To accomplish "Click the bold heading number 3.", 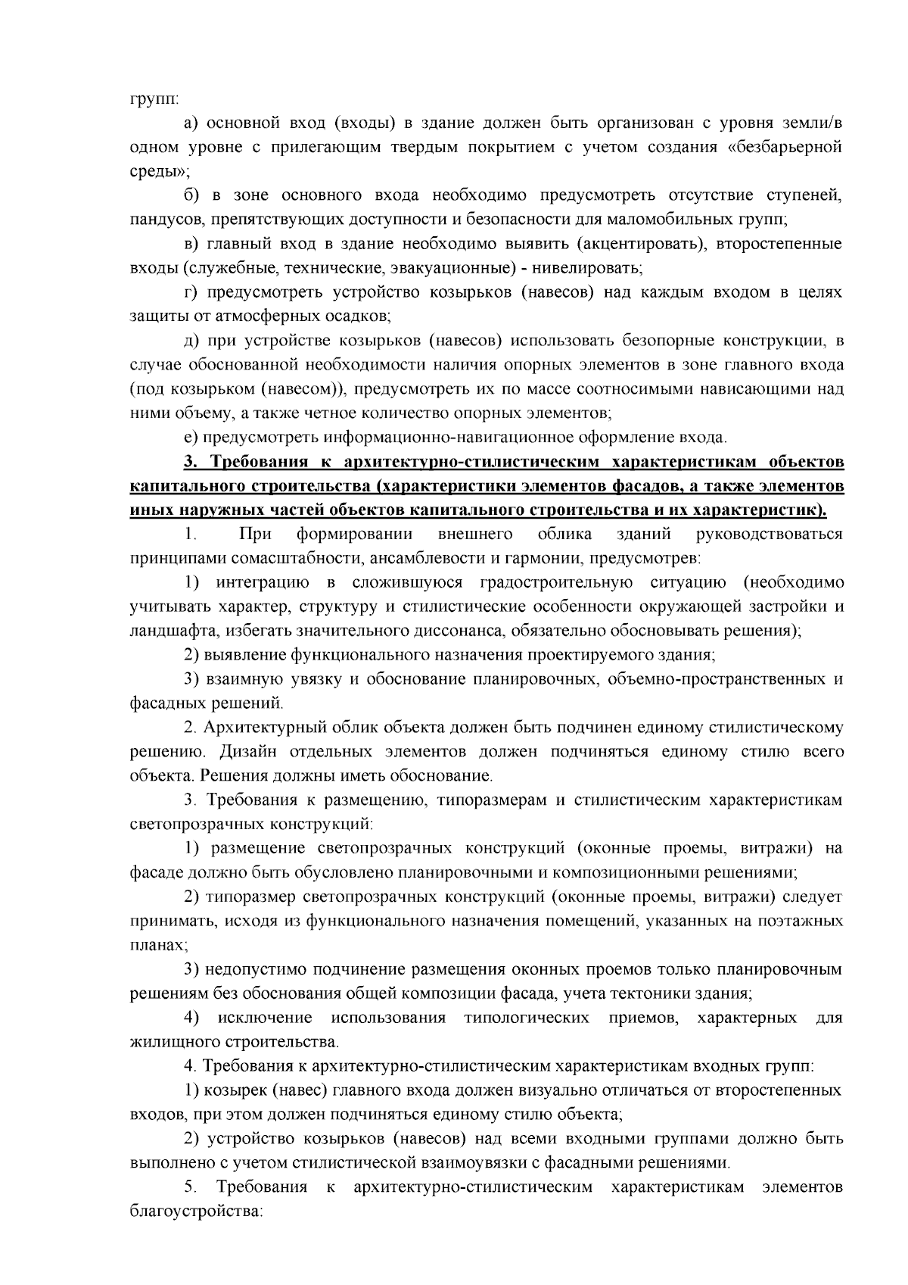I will tap(190, 462).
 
